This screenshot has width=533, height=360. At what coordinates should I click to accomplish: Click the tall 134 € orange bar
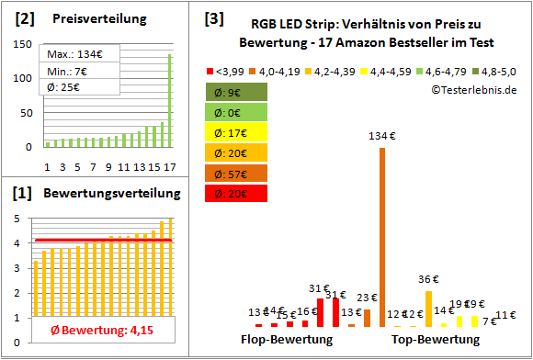(382, 237)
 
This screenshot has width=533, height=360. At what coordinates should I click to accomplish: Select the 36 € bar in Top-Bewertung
(429, 309)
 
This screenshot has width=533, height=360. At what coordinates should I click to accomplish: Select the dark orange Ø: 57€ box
(237, 173)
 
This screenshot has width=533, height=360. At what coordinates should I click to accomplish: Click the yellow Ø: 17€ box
(237, 131)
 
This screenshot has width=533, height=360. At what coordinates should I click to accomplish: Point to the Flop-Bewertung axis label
(287, 340)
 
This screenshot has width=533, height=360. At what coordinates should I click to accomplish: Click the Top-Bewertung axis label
(436, 340)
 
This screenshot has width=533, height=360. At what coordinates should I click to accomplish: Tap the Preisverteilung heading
(89, 18)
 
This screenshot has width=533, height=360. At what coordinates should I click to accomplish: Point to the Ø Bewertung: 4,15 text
(96, 330)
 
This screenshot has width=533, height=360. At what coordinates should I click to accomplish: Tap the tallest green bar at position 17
(169, 101)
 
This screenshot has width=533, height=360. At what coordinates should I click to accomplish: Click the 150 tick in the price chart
(26, 47)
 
